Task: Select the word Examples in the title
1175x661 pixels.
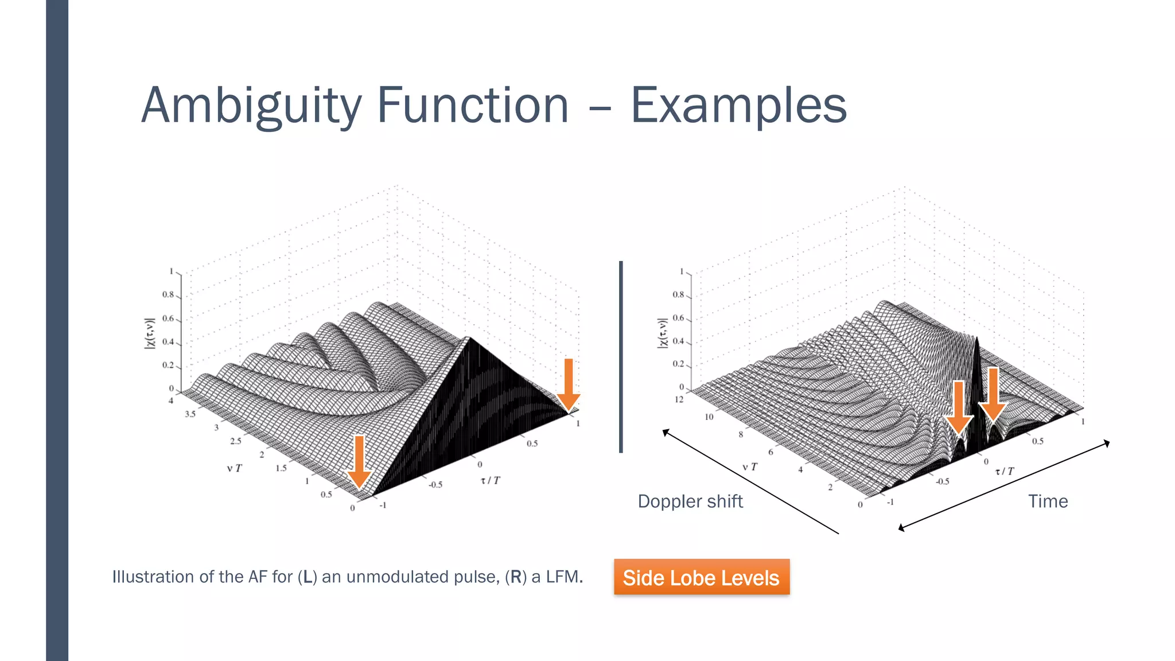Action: (x=738, y=106)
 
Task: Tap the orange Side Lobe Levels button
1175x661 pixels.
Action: (x=701, y=577)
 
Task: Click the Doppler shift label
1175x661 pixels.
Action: (x=690, y=501)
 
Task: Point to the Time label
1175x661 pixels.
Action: (x=1048, y=501)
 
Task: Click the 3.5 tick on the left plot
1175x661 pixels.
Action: (x=190, y=414)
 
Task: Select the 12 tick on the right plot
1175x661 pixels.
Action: (x=679, y=399)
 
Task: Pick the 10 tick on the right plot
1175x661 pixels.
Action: (x=709, y=417)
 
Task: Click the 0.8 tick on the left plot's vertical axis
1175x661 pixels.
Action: (x=168, y=294)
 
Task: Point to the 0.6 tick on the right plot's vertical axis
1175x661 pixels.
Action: (x=678, y=318)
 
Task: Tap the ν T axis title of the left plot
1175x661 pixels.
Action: (x=234, y=468)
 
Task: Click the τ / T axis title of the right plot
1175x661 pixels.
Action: (x=1004, y=471)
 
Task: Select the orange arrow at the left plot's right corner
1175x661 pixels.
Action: (x=569, y=384)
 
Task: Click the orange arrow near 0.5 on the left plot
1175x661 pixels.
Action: (x=359, y=461)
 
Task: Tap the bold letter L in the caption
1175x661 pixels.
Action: (x=308, y=577)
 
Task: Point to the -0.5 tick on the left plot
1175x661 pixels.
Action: (x=435, y=484)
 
